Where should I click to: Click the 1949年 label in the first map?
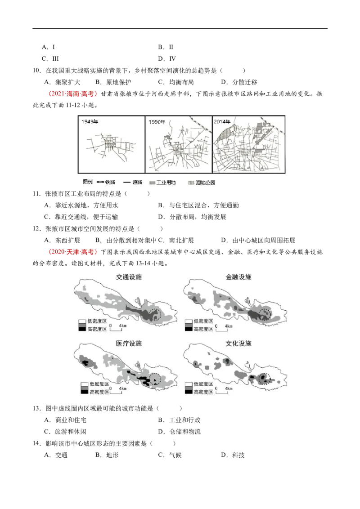tap(90, 121)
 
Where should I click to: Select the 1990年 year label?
tap(157, 121)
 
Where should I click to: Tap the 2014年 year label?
tap(222, 121)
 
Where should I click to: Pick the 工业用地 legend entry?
tap(163, 182)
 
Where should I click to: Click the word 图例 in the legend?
tap(87, 182)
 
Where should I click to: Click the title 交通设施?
tap(128, 277)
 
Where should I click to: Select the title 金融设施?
tap(238, 277)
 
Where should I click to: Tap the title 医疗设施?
tap(128, 343)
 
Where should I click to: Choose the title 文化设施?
tap(238, 343)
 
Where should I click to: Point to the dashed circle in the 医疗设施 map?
tap(156, 380)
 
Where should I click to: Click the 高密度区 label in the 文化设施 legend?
tap(203, 392)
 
